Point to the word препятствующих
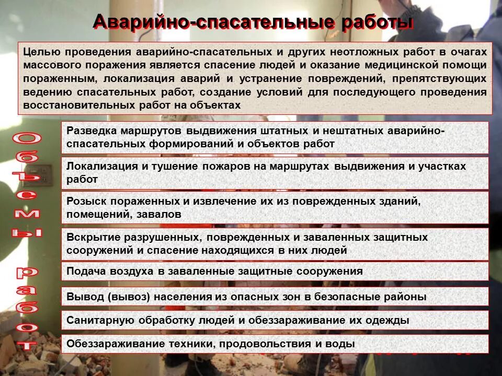443,79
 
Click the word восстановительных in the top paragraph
64,105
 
